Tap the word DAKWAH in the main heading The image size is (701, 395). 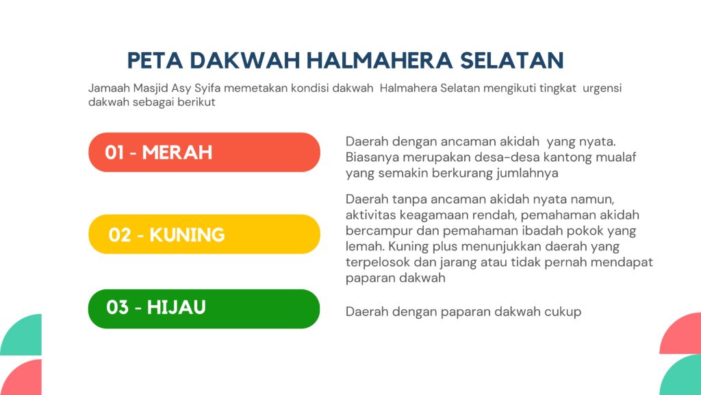pyautogui.click(x=245, y=60)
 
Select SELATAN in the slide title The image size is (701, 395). pyautogui.click(x=512, y=60)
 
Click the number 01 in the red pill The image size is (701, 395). pyautogui.click(x=114, y=153)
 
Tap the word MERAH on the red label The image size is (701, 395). pyautogui.click(x=177, y=153)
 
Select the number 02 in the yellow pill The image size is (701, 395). pyautogui.click(x=119, y=235)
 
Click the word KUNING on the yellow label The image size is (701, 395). pyautogui.click(x=187, y=235)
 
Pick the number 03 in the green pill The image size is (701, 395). pyautogui.click(x=118, y=308)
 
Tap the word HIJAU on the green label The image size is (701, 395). pyautogui.click(x=176, y=308)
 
